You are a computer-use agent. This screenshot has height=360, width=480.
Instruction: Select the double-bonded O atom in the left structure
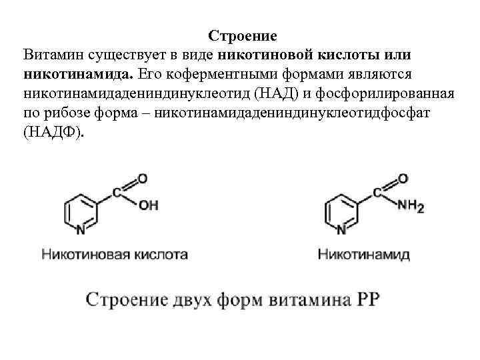142,178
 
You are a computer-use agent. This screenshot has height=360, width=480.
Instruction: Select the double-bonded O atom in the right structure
402,178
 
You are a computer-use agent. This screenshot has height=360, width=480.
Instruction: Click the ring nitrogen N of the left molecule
81,231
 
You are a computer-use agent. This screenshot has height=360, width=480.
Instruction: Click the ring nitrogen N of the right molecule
341,231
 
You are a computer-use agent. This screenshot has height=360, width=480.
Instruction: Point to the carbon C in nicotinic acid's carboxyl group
118,193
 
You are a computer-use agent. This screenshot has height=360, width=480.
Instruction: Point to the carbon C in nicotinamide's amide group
378,193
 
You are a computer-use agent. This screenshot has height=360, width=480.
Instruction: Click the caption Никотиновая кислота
115,254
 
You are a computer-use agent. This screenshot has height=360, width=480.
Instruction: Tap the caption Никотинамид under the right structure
363,254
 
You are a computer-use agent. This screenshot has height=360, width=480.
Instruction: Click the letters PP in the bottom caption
367,298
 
